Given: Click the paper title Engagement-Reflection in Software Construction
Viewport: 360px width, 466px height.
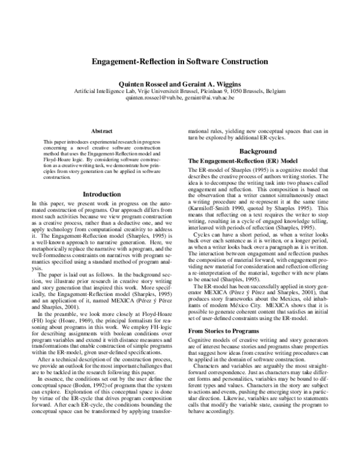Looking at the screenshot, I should tap(179, 61).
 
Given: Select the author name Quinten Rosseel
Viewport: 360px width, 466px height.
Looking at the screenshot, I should tap(143, 82).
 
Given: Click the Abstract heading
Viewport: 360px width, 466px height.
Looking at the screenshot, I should tap(101, 130).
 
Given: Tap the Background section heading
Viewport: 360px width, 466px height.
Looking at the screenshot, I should tap(257, 151).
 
